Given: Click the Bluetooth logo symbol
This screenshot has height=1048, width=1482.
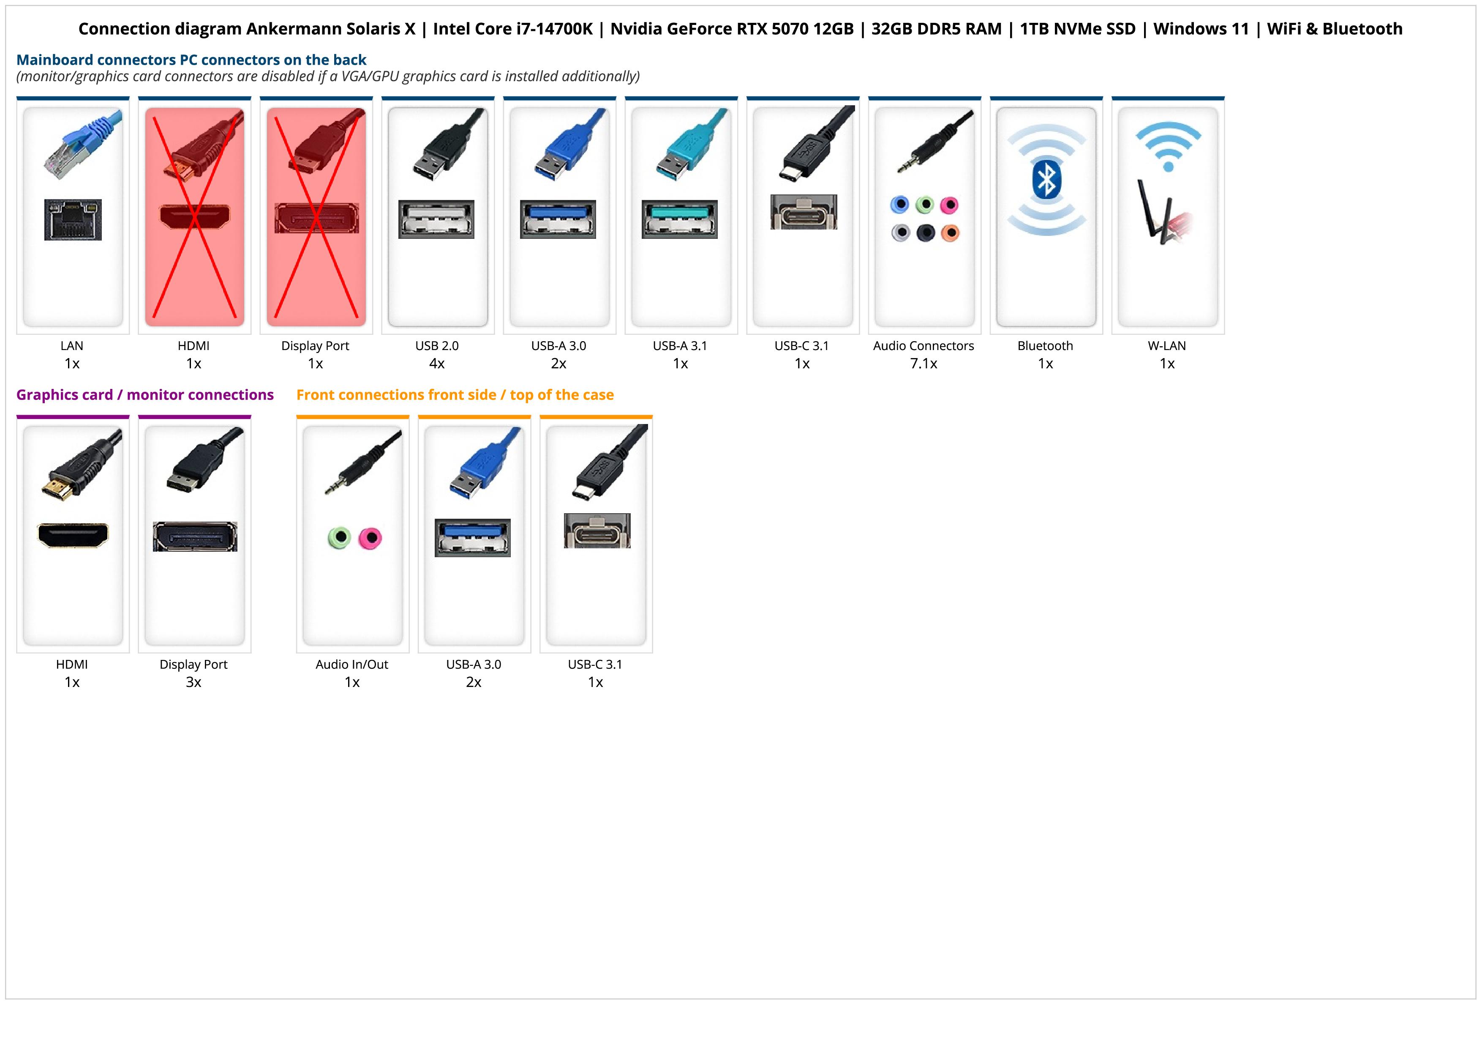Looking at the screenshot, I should click(1046, 180).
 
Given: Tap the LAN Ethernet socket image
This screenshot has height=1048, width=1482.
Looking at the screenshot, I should click(72, 219).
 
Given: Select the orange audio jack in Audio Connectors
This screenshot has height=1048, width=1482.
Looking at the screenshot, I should click(950, 233).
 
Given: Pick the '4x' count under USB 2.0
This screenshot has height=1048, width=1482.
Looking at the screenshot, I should click(437, 364).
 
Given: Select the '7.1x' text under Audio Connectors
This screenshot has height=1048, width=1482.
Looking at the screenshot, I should click(923, 364).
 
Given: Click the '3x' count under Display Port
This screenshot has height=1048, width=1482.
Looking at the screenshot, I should click(193, 682).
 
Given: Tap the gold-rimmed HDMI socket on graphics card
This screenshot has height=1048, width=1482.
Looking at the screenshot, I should click(73, 535).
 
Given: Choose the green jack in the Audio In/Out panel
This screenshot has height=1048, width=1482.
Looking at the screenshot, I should click(339, 537).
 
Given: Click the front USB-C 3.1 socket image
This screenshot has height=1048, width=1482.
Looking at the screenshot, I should click(597, 531).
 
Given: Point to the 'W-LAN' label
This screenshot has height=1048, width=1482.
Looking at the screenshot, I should click(1166, 345).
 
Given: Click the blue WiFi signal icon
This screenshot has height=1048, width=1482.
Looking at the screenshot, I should click(1168, 145).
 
